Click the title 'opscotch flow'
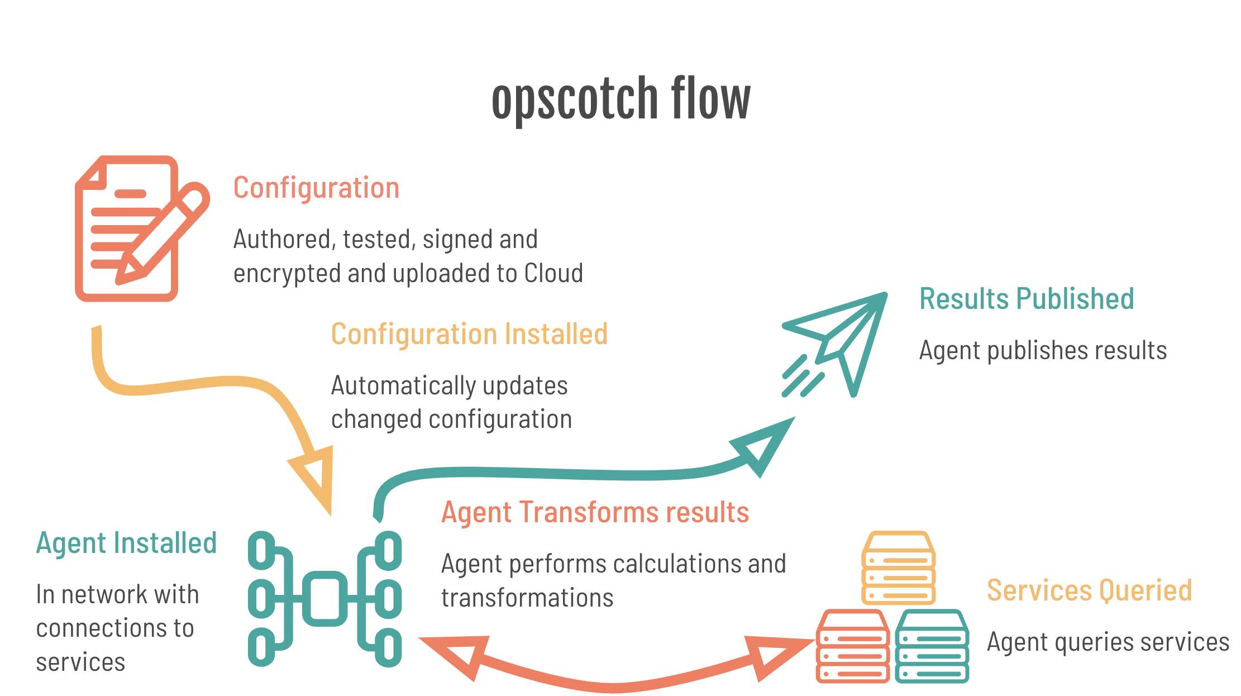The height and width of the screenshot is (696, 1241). click(x=620, y=99)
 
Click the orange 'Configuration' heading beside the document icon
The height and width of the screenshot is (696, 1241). click(x=316, y=188)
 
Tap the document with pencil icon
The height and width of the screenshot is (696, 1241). click(x=140, y=229)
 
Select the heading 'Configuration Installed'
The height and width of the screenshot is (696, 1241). click(x=469, y=334)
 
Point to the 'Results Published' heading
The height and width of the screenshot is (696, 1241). click(x=1027, y=298)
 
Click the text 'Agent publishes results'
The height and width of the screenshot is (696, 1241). click(x=1043, y=351)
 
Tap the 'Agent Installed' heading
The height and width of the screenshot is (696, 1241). click(x=126, y=543)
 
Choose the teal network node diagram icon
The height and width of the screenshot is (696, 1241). click(x=324, y=599)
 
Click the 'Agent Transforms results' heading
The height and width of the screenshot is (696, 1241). click(x=595, y=512)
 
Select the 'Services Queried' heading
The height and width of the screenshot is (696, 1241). click(x=1089, y=590)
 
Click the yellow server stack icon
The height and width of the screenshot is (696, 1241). click(x=898, y=568)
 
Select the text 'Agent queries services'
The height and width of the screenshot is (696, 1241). click(x=1108, y=642)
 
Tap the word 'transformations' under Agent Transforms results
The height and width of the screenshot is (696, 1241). click(x=527, y=598)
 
